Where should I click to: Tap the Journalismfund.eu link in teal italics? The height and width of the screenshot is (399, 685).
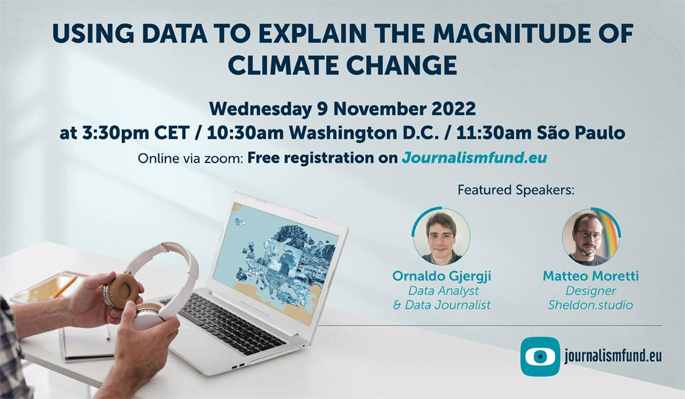474,157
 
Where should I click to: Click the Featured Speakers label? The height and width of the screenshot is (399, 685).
515,190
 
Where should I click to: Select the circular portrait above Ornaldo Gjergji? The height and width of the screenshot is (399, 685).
441,235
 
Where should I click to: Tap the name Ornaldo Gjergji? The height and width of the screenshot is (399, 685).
442,276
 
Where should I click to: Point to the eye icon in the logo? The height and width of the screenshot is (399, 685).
539,357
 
